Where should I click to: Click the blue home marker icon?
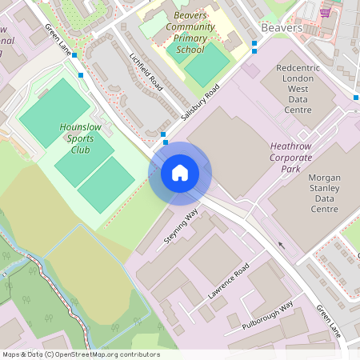tap(180, 173)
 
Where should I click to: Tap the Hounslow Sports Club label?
tap(76, 138)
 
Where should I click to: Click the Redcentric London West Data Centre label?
tap(298, 89)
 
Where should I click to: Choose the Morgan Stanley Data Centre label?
tap(314, 193)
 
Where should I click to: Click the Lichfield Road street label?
tap(146, 72)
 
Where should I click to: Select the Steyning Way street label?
tap(182, 228)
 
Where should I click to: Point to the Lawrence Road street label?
tap(229, 282)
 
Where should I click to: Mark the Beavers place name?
tap(281, 27)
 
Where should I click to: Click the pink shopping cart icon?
tap(325, 12)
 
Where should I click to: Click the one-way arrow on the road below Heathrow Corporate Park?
tap(280, 244)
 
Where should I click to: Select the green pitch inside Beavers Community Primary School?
tap(206, 65)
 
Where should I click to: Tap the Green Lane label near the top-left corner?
tap(58, 38)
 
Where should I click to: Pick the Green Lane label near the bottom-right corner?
tap(327, 320)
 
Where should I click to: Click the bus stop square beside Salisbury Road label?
tap(164, 134)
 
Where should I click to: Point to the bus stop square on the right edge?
tap(356, 98)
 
